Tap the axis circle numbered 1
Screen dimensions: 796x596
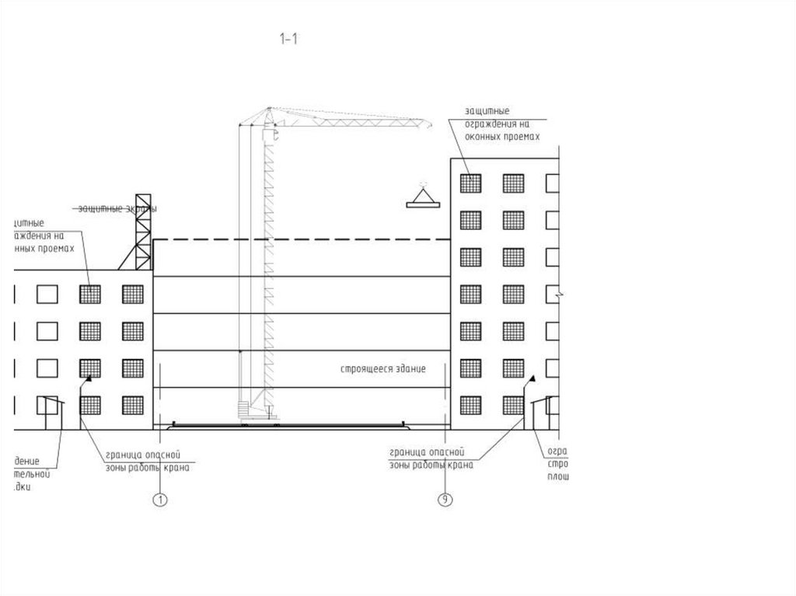pos(160,500)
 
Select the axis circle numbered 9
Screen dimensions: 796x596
pos(445,500)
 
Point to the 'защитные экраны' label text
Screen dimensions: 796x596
pos(117,208)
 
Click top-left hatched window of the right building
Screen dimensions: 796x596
pos(470,183)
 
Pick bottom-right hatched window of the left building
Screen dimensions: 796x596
pos(133,405)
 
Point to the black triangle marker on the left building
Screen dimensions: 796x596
pos(89,379)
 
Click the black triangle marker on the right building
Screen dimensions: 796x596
pos(532,378)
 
